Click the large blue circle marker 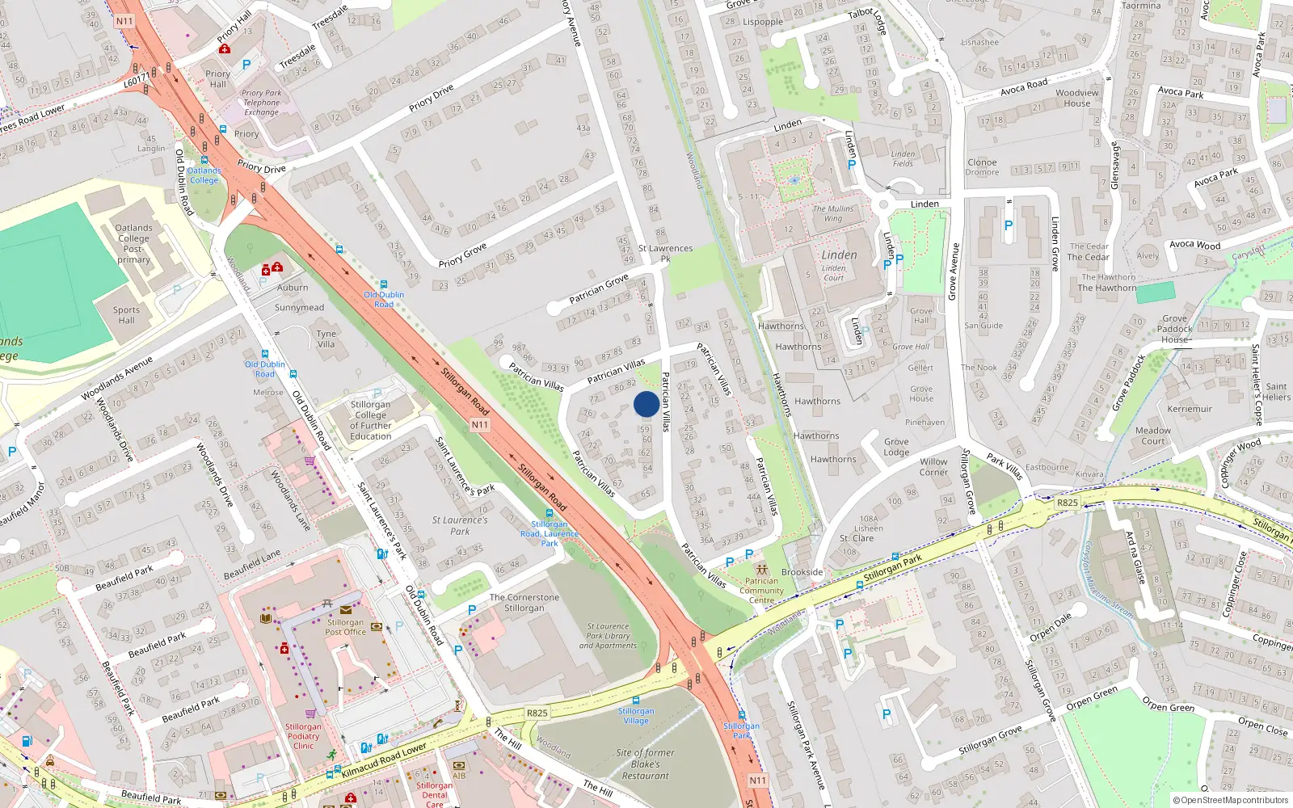click(x=646, y=404)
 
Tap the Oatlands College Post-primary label click(x=133, y=243)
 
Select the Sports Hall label click(x=126, y=315)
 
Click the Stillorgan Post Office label click(x=345, y=627)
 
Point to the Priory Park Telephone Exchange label click(x=261, y=103)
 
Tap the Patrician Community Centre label click(x=761, y=591)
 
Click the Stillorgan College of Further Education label click(x=370, y=420)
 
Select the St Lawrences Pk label click(x=665, y=254)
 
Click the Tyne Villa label click(x=326, y=339)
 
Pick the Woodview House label click(x=1077, y=98)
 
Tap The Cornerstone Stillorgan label click(x=524, y=603)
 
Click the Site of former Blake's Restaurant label click(x=645, y=764)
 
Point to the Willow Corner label click(x=933, y=467)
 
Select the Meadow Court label click(x=1152, y=436)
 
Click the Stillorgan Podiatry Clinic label click(x=303, y=736)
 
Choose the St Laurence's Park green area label click(x=460, y=525)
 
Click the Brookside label click(x=802, y=572)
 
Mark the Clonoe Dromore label click(x=982, y=167)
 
